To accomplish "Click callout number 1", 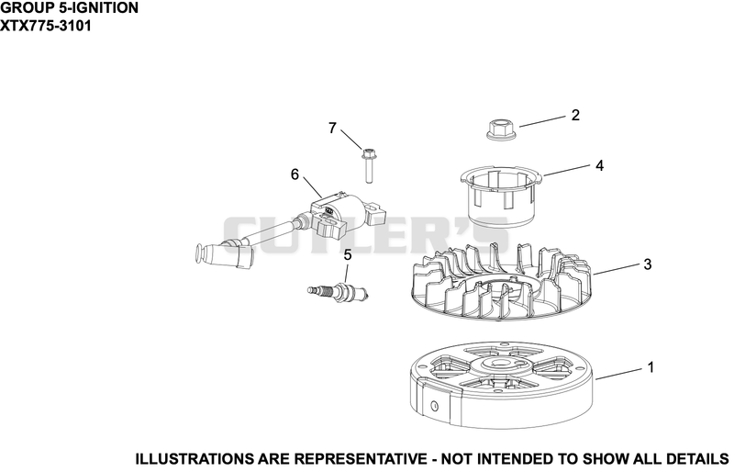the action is [651, 367].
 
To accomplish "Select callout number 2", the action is [575, 115].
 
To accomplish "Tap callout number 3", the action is [648, 264].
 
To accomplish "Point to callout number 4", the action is [600, 165].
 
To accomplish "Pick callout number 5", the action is [348, 255].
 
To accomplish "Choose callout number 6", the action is [295, 174].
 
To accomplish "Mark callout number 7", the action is [332, 128].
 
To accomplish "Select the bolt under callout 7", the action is [368, 165].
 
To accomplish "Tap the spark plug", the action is [339, 291].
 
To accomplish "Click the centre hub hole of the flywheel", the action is [497, 364].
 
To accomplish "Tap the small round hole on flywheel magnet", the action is [434, 406].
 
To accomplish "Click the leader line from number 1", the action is [617, 374].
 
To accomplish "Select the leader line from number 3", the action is [616, 269].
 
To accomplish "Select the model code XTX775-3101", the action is [46, 26].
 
